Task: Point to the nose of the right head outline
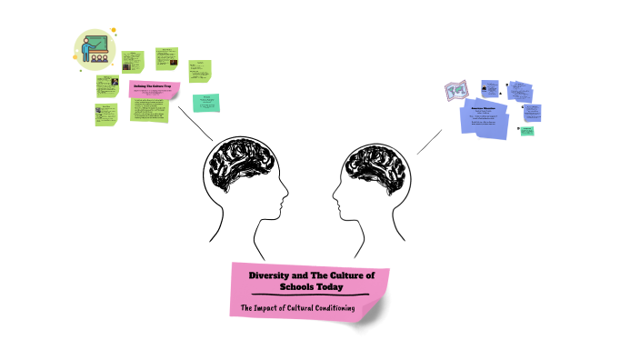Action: (334, 195)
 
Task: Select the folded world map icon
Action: (455, 90)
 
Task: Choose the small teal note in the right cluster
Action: (526, 131)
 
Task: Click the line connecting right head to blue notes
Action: (430, 141)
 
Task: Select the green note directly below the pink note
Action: (148, 111)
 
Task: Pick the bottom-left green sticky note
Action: (105, 115)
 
